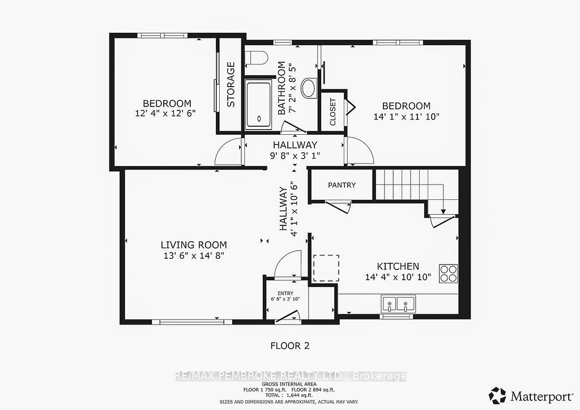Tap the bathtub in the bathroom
259,106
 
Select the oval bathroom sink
309,88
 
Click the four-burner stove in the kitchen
449,274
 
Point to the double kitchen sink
398,304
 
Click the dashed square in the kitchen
326,268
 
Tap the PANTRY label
342,185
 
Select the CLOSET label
332,112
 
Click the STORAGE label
231,85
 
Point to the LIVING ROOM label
194,245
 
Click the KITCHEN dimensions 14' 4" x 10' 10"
398,277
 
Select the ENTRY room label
285,293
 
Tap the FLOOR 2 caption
290,345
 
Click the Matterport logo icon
497,396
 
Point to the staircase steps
411,185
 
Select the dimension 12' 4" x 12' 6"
165,113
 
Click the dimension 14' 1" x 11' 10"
406,117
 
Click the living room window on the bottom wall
188,322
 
